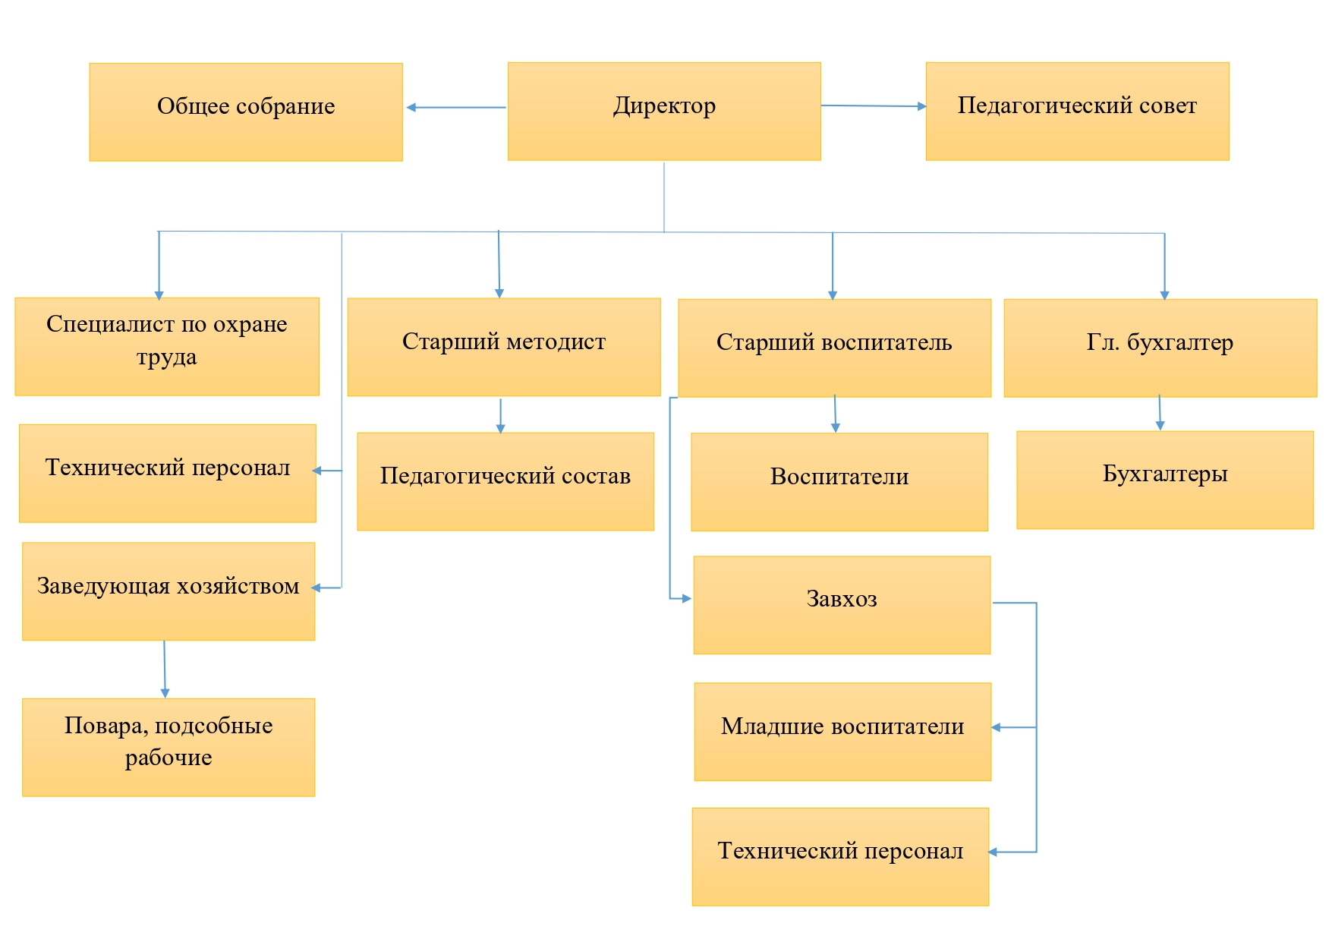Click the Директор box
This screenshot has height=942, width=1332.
tap(664, 112)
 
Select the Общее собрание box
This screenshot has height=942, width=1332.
tap(246, 112)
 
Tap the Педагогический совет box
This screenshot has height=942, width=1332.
tap(1077, 112)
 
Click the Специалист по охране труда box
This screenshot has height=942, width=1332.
tap(167, 347)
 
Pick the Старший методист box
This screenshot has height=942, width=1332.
tap(504, 347)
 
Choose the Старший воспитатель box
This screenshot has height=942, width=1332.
tap(834, 348)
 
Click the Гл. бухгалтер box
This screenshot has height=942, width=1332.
tap(1160, 348)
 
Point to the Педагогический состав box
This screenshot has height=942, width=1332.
tap(505, 481)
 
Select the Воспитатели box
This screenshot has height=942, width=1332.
tap(839, 482)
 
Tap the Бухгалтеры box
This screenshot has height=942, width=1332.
tap(1165, 480)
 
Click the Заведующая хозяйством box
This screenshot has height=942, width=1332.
tap(168, 591)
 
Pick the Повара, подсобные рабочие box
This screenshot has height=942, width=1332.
tap(168, 747)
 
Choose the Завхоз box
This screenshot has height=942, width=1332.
tap(842, 605)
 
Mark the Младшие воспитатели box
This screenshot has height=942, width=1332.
tap(842, 732)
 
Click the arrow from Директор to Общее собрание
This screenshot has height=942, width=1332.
tap(456, 108)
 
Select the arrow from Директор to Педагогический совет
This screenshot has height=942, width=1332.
tap(874, 106)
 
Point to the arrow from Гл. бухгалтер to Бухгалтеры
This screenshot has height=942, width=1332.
tap(1160, 413)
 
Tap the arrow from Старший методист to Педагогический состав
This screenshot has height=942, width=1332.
tap(500, 416)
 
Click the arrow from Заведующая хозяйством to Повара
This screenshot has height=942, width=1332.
tap(165, 669)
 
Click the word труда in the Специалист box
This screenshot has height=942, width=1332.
tap(167, 358)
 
